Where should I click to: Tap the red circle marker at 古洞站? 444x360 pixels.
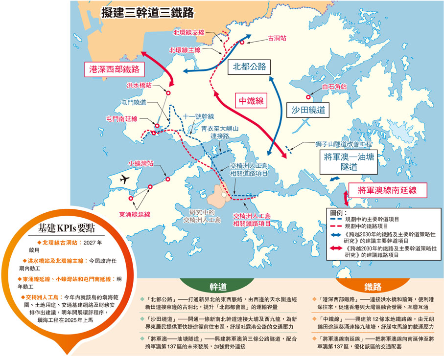[x=242, y=43]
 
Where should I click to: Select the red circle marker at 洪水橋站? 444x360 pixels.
[x=168, y=92]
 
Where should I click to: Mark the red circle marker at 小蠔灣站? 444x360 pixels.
[x=168, y=180]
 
